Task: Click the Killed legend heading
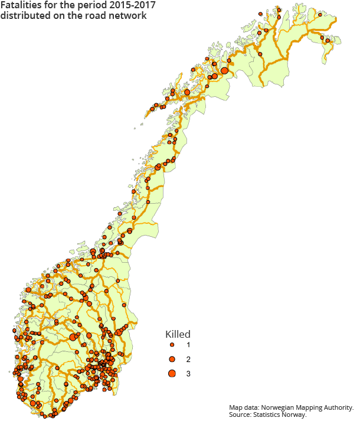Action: tap(177, 334)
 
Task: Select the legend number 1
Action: tap(188, 345)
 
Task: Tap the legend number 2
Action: tap(188, 359)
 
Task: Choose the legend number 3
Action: tap(188, 374)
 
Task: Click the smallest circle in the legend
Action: tap(171, 345)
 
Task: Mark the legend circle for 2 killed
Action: tap(171, 359)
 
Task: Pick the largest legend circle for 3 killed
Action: tap(171, 373)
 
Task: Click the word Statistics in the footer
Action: tap(269, 416)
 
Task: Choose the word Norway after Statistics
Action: tap(296, 416)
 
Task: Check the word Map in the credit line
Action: tap(235, 408)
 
